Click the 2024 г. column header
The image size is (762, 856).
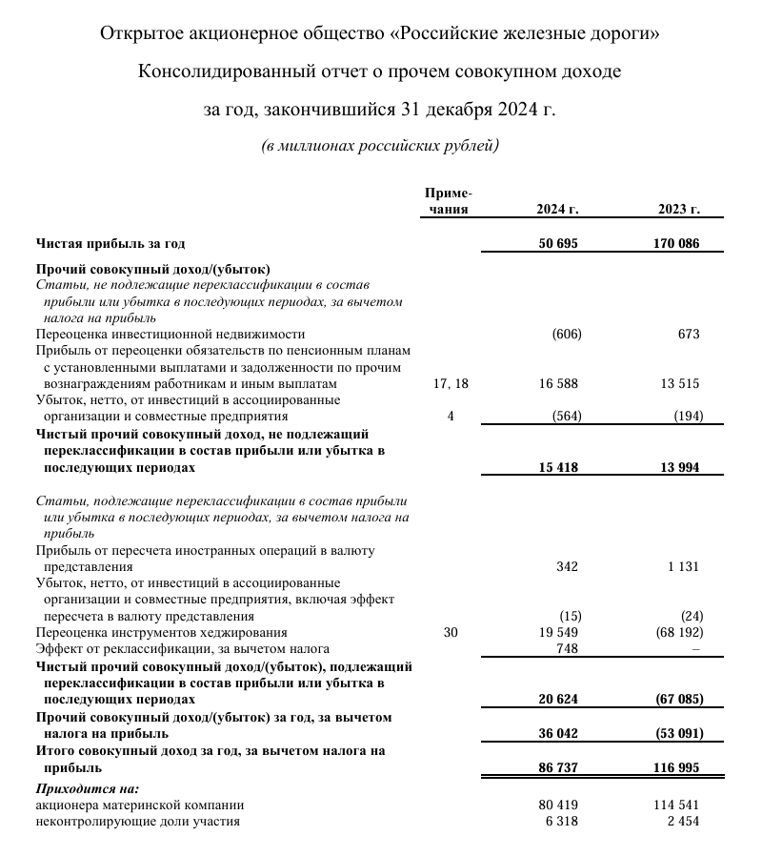tap(558, 210)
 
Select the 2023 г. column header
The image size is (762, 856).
tap(679, 210)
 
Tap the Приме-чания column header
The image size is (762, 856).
tap(449, 202)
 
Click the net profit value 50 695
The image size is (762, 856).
tap(558, 244)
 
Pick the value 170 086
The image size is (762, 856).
tap(676, 244)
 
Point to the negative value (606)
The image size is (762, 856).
tap(566, 334)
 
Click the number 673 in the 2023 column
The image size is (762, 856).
tap(689, 334)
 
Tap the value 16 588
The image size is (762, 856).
tap(559, 384)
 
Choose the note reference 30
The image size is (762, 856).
tap(451, 632)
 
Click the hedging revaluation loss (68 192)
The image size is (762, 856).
tap(678, 632)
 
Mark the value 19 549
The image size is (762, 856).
tap(559, 632)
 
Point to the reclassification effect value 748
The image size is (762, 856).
tap(566, 648)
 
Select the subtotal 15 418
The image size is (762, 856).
tap(558, 468)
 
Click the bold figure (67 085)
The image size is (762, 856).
tap(677, 699)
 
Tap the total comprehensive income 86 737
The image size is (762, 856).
tap(558, 766)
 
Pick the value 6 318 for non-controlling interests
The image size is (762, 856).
tap(562, 821)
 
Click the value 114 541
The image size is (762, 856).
tap(677, 805)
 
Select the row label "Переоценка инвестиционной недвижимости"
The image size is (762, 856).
tap(170, 334)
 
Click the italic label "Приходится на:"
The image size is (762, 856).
tap(87, 788)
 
